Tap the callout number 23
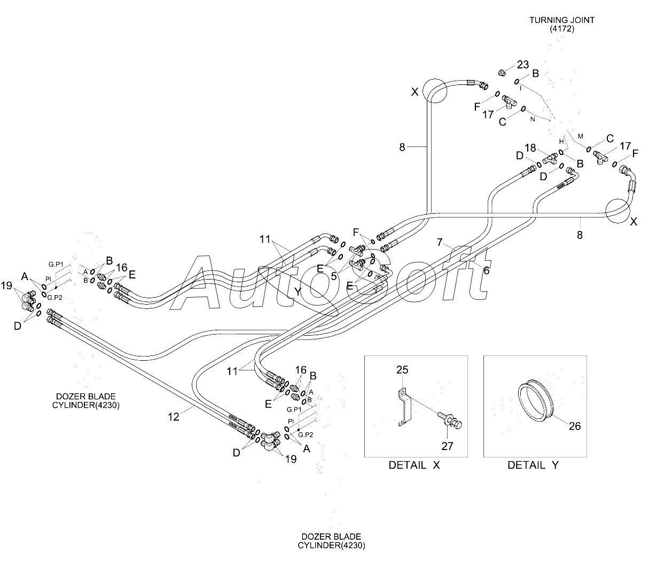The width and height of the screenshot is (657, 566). click(x=523, y=65)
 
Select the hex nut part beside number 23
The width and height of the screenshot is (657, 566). click(x=502, y=73)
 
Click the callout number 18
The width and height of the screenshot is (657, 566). click(x=530, y=148)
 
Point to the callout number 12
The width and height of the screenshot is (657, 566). click(x=174, y=416)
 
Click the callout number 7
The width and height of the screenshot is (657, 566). click(x=440, y=242)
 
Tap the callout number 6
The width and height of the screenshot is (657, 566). click(x=486, y=270)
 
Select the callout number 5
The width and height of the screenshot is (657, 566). click(x=333, y=276)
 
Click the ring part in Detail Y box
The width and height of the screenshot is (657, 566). click(x=536, y=400)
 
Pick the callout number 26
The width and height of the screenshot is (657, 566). click(x=575, y=426)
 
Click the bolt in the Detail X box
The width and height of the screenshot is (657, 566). click(x=450, y=420)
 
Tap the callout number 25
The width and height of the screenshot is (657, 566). click(x=402, y=370)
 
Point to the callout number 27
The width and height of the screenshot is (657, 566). click(x=447, y=446)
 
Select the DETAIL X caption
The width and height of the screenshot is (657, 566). click(x=414, y=465)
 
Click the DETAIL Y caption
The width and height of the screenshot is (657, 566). click(x=533, y=465)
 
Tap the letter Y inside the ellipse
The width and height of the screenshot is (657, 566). click(x=298, y=292)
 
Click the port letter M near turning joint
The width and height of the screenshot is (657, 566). click(x=581, y=136)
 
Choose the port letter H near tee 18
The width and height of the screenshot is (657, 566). click(x=561, y=142)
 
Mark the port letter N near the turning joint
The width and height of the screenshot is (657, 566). click(x=533, y=119)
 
